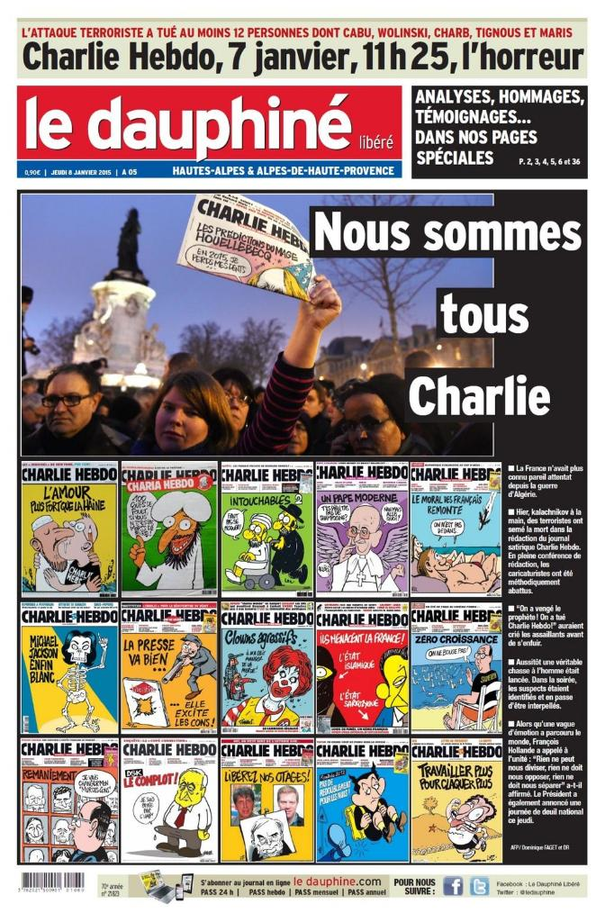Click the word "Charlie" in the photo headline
pos(478,394)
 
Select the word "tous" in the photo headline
pos(483,316)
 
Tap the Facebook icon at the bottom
pos(453,886)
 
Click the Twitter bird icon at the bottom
pos(479,886)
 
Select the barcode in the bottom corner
pos(53,881)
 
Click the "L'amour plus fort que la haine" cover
pos(69,528)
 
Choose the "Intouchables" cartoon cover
pos(266,528)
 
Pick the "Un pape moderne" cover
pos(362,528)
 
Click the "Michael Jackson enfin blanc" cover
pos(69,667)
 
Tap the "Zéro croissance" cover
pos(456,667)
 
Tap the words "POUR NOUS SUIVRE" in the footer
pos(414,886)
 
